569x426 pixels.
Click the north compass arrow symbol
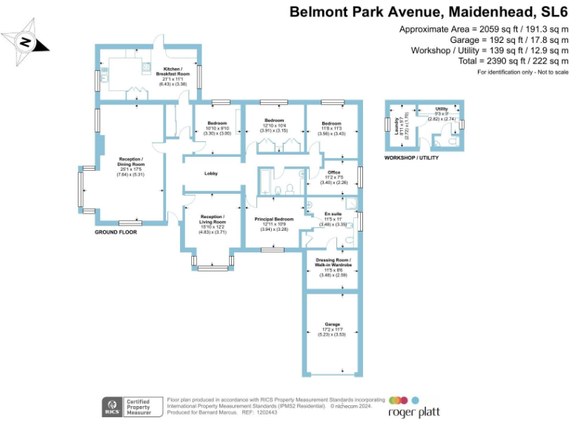[27, 42]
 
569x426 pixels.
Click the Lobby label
[211, 174]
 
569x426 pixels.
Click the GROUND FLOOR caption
[116, 232]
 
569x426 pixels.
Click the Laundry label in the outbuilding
[397, 127]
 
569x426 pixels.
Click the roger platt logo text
[409, 410]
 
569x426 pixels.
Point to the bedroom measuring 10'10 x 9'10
[218, 126]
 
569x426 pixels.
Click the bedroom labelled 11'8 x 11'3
[331, 126]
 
